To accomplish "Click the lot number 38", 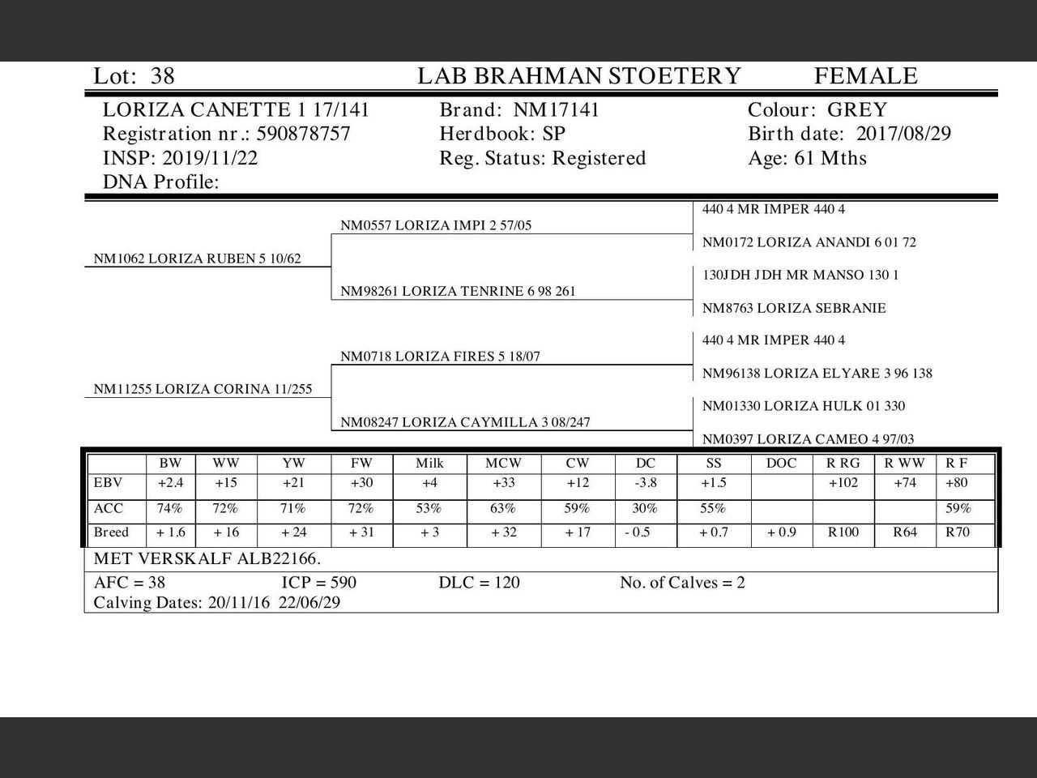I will click(x=162, y=76).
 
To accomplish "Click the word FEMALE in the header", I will click(x=865, y=76).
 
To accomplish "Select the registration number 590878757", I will click(x=303, y=134).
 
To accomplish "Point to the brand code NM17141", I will click(x=556, y=110).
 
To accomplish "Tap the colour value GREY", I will click(x=856, y=110).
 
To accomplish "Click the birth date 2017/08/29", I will click(x=903, y=134).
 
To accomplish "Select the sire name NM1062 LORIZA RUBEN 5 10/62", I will click(x=197, y=259).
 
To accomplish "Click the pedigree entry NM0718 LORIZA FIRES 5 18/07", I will click(x=440, y=357).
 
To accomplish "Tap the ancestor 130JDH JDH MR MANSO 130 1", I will click(x=800, y=275).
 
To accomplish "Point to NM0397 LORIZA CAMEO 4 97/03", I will click(x=808, y=439).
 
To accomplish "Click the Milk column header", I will click(x=429, y=464).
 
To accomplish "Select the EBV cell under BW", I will click(x=170, y=483).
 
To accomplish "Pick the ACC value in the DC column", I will click(x=645, y=509).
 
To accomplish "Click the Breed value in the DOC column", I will click(x=781, y=533).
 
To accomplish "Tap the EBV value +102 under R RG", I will click(x=843, y=483).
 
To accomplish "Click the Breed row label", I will click(x=111, y=533).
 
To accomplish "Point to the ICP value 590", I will click(x=341, y=583).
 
